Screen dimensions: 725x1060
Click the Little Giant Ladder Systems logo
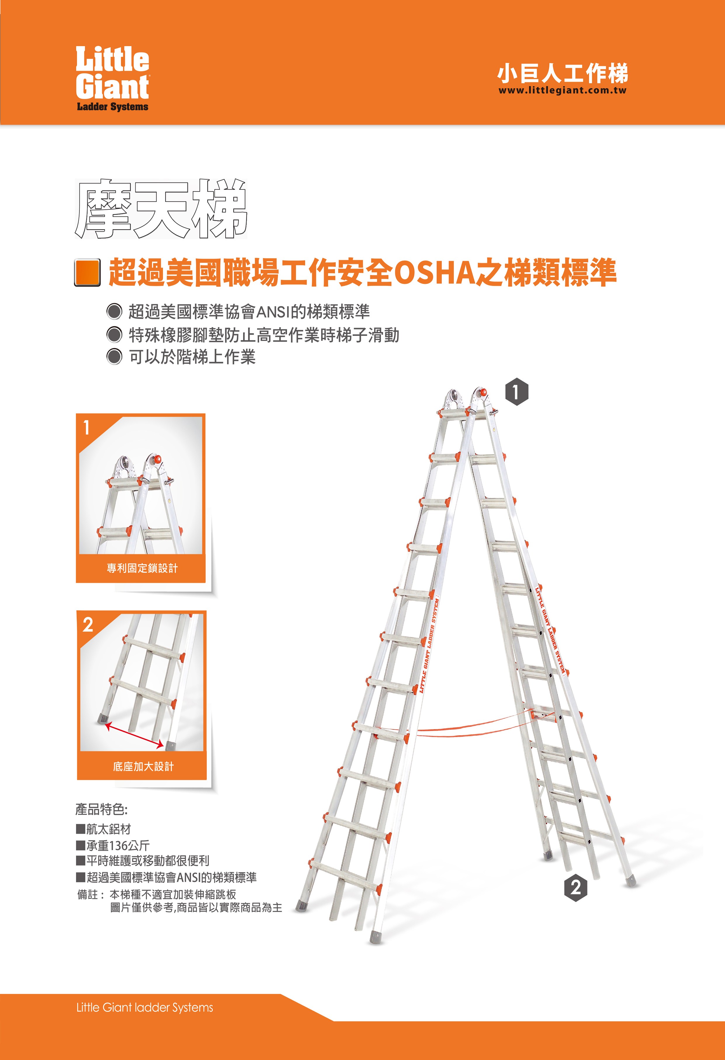112,79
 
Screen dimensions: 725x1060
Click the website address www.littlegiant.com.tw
563,90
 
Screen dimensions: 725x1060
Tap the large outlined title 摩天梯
161,209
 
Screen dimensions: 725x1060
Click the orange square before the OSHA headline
87,272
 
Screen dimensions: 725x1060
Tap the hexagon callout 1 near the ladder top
516,392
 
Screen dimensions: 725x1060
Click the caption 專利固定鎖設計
142,568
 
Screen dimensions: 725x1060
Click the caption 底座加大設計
143,766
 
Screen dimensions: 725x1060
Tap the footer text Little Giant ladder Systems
145,1007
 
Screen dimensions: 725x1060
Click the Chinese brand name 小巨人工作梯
563,73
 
